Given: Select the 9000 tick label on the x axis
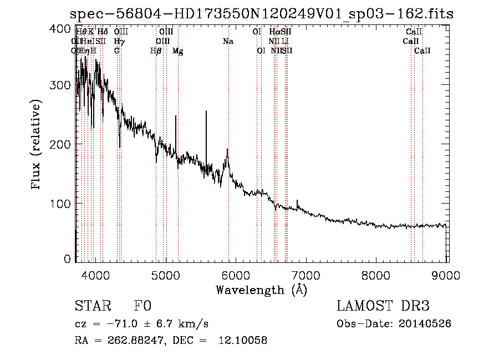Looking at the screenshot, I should [447, 273].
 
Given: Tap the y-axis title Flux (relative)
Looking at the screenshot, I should [37, 145].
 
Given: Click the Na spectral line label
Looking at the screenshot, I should [228, 41].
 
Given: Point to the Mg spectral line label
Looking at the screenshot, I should [178, 50].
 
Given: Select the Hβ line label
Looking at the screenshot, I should [156, 50].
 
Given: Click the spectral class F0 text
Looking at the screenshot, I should [142, 306].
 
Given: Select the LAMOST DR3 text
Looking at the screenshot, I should [383, 306].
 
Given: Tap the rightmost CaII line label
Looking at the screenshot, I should [422, 50].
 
